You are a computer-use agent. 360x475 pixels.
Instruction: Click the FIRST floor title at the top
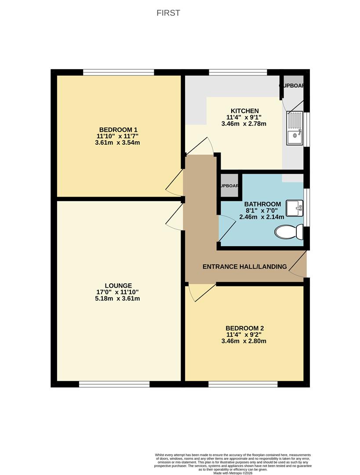pos(168,13)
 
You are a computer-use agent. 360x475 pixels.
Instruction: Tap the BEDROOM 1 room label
pos(118,129)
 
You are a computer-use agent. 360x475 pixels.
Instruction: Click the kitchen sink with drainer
pos(294,128)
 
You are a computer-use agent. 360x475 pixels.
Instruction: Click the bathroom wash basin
pos(295,208)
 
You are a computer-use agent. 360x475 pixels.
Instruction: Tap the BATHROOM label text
pos(262,204)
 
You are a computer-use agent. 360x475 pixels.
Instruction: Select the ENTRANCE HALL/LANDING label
pos(244,267)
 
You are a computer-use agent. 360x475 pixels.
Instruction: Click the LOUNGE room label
pos(118,285)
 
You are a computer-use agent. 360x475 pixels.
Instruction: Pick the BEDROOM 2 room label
pos(244,328)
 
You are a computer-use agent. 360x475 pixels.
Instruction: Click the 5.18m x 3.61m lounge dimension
pos(118,299)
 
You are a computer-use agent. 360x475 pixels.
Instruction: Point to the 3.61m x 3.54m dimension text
pos(118,142)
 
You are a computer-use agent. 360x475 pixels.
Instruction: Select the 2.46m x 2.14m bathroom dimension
pos(262,217)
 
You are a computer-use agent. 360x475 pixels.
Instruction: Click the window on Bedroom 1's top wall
pos(119,72)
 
